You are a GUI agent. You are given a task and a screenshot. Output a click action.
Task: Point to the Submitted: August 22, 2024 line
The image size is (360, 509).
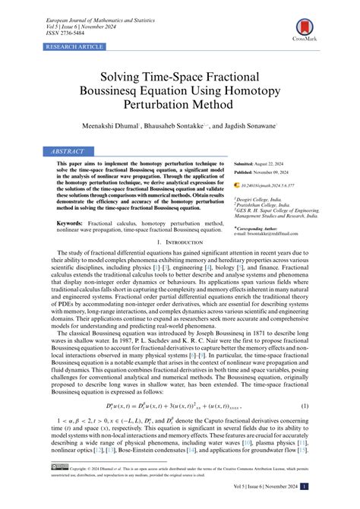(x=264, y=164)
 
